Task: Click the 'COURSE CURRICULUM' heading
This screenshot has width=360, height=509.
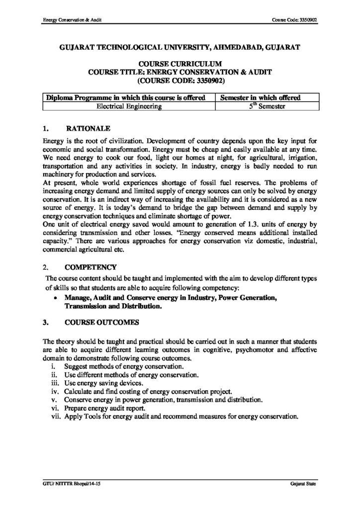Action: [x=180, y=64]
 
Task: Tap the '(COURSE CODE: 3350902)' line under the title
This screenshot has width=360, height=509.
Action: [x=180, y=80]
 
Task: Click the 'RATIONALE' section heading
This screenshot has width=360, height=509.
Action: [x=84, y=128]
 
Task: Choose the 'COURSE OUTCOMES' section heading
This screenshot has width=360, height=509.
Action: [x=95, y=322]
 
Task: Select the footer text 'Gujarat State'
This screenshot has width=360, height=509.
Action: [x=303, y=484]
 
